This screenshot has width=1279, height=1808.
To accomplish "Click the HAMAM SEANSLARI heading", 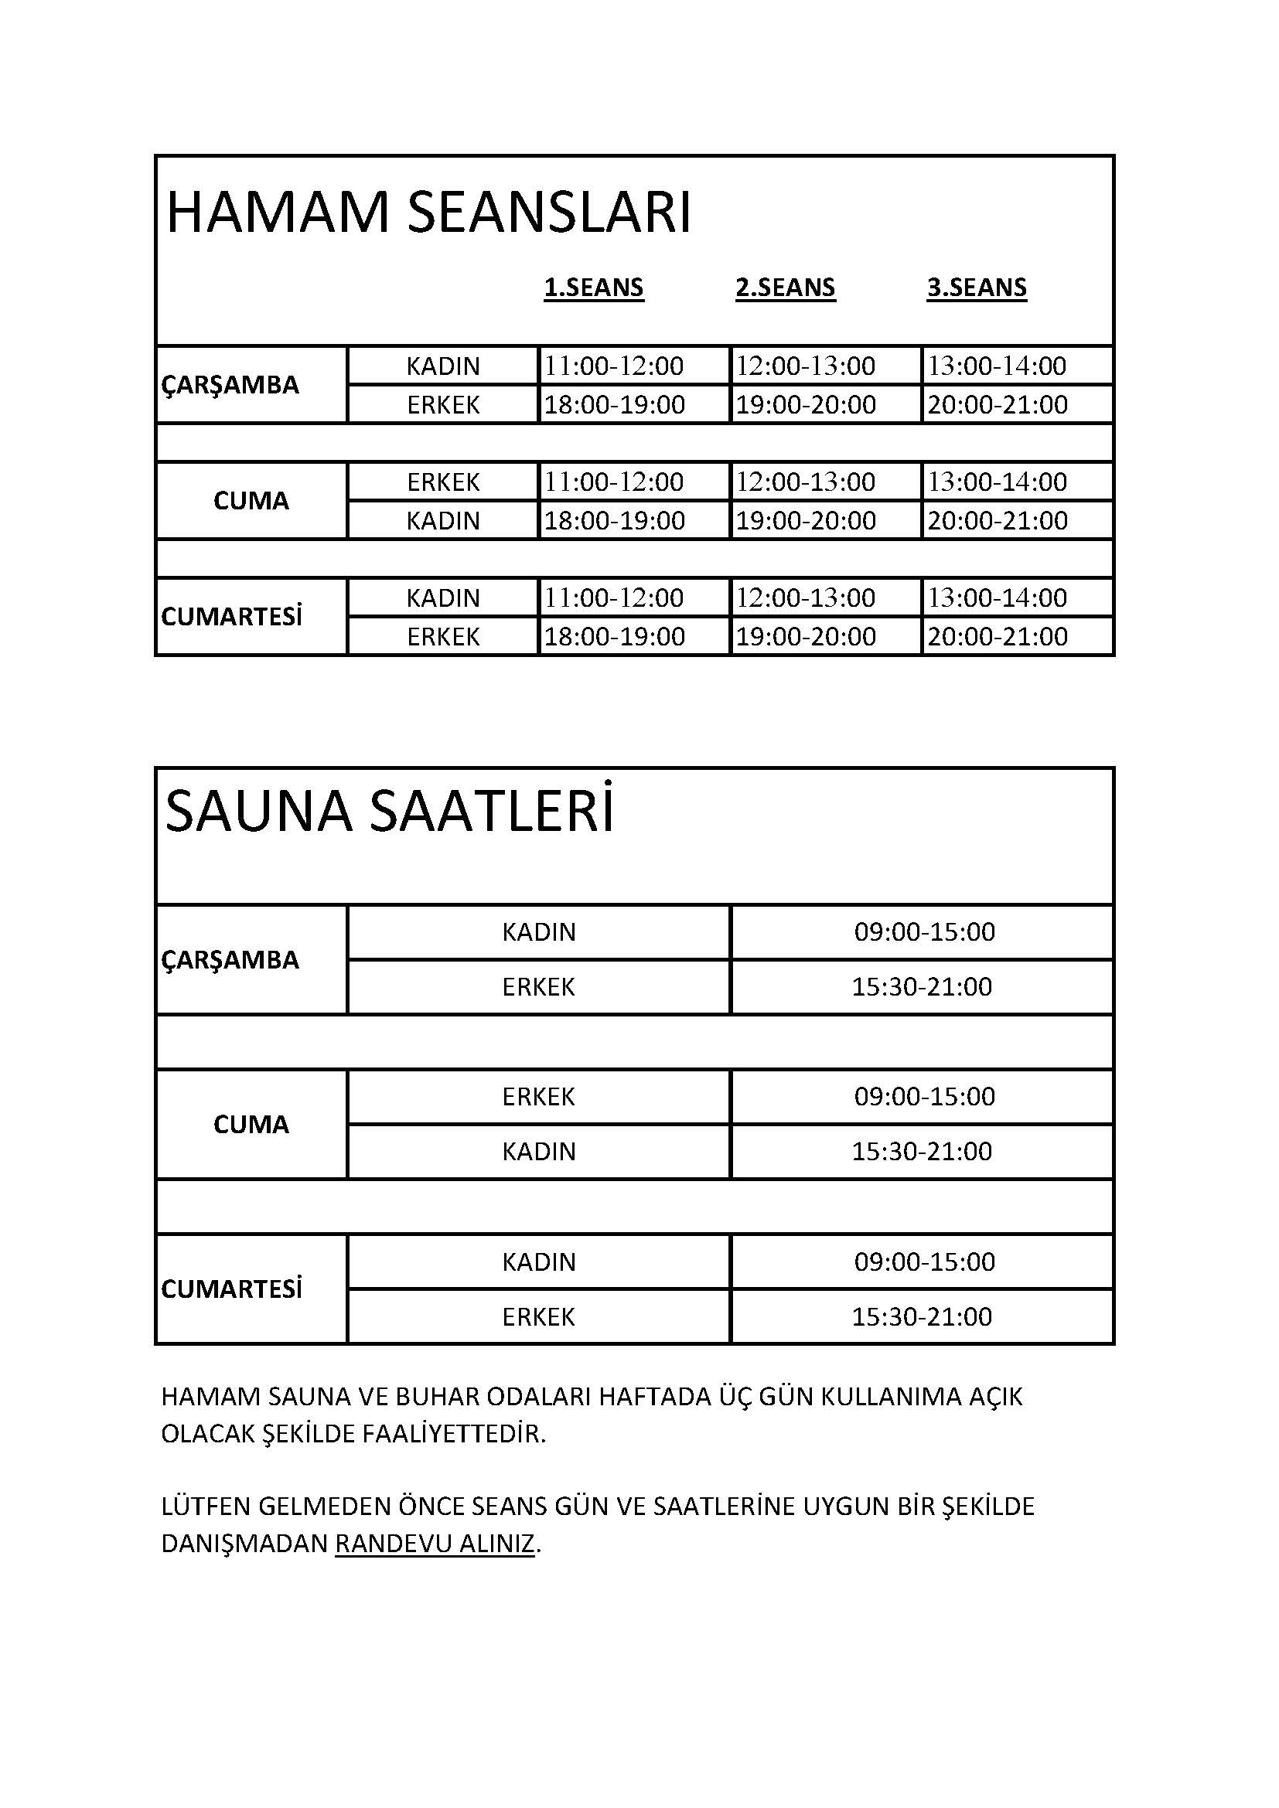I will tap(428, 213).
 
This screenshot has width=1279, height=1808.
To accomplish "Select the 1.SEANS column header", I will tap(593, 288).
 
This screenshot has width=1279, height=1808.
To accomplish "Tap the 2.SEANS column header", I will tap(785, 288).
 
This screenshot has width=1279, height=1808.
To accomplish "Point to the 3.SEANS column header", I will tap(977, 288).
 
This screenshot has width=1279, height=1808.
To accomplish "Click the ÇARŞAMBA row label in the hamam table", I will tap(230, 385).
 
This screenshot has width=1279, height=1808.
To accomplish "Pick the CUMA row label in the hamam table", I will tap(251, 501).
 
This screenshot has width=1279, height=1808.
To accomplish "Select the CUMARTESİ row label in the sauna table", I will tap(231, 1289).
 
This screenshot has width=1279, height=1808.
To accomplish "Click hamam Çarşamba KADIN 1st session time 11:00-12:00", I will tap(614, 366).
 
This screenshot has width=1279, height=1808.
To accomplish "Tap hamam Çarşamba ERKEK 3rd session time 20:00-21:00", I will tap(997, 405).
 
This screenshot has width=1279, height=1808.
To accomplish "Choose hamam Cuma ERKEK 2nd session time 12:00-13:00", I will tap(805, 482).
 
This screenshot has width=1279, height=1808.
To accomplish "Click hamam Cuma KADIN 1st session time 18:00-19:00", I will tap(614, 520).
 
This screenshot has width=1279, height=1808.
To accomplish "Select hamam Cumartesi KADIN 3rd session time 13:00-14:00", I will tap(997, 598).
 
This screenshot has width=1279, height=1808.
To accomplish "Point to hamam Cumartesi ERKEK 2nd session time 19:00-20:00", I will tap(805, 636).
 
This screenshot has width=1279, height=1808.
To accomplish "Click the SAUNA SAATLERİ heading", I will tap(390, 812).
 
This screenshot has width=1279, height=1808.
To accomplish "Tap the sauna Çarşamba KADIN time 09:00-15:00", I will tap(925, 932).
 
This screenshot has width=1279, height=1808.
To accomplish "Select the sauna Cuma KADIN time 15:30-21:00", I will tap(922, 1151).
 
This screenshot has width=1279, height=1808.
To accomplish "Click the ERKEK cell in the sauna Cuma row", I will tap(539, 1097).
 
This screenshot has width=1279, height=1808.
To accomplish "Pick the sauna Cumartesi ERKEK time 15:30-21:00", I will tap(922, 1316).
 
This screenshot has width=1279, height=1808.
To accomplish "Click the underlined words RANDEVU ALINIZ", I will tap(435, 1544).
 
